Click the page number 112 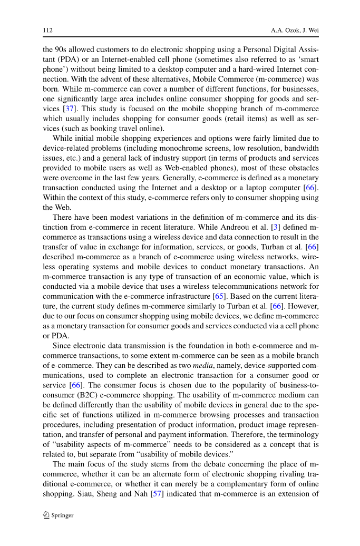46,30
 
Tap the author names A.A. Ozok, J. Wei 295,30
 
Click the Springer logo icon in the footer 46,515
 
